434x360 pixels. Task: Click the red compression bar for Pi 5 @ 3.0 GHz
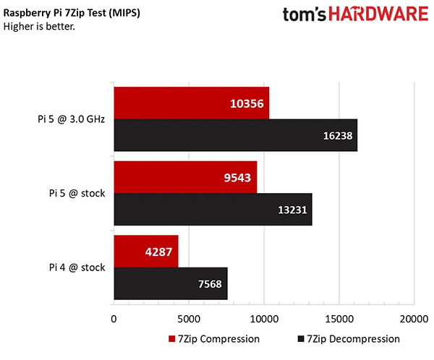pyautogui.click(x=191, y=103)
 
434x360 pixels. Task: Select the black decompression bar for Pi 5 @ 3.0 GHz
pyautogui.click(x=235, y=135)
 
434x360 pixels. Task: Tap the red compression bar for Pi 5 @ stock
pyautogui.click(x=185, y=176)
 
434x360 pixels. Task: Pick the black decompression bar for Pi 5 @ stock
pyautogui.click(x=213, y=209)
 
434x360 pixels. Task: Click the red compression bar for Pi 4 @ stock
pyautogui.click(x=145, y=250)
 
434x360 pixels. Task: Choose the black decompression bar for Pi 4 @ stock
pyautogui.click(x=170, y=283)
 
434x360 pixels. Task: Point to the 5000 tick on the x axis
pyautogui.click(x=188, y=318)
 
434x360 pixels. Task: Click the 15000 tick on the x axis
pyautogui.click(x=339, y=318)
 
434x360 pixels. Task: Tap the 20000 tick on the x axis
pyautogui.click(x=414, y=318)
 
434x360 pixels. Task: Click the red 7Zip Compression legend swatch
pyautogui.click(x=171, y=338)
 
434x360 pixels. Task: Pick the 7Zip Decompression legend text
pyautogui.click(x=353, y=338)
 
